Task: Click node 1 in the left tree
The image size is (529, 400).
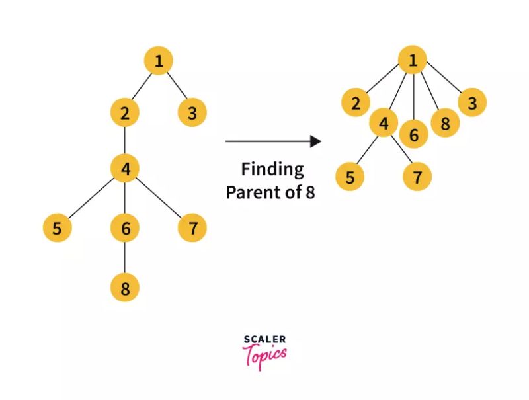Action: [x=159, y=61]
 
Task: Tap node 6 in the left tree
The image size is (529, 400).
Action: [x=125, y=229]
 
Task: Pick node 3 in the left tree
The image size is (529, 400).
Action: [x=192, y=113]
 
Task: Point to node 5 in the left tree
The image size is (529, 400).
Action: [x=58, y=229]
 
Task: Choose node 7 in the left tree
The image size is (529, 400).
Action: [x=192, y=229]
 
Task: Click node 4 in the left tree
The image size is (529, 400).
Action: [x=125, y=169]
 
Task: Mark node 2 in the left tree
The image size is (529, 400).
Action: [x=125, y=113]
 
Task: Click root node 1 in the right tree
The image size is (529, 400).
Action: [x=413, y=61]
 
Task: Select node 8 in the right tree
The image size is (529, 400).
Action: [x=445, y=123]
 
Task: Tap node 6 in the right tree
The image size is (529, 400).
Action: [x=414, y=134]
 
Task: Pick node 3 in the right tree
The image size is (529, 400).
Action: [x=472, y=103]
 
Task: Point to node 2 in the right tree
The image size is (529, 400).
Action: [x=356, y=103]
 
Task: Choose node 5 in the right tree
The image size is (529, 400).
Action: [x=350, y=177]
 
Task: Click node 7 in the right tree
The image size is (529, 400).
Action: [x=417, y=177]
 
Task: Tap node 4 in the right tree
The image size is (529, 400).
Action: [x=384, y=123]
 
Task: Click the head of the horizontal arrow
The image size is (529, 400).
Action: [x=316, y=141]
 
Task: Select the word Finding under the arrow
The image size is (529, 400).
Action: [x=272, y=169]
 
